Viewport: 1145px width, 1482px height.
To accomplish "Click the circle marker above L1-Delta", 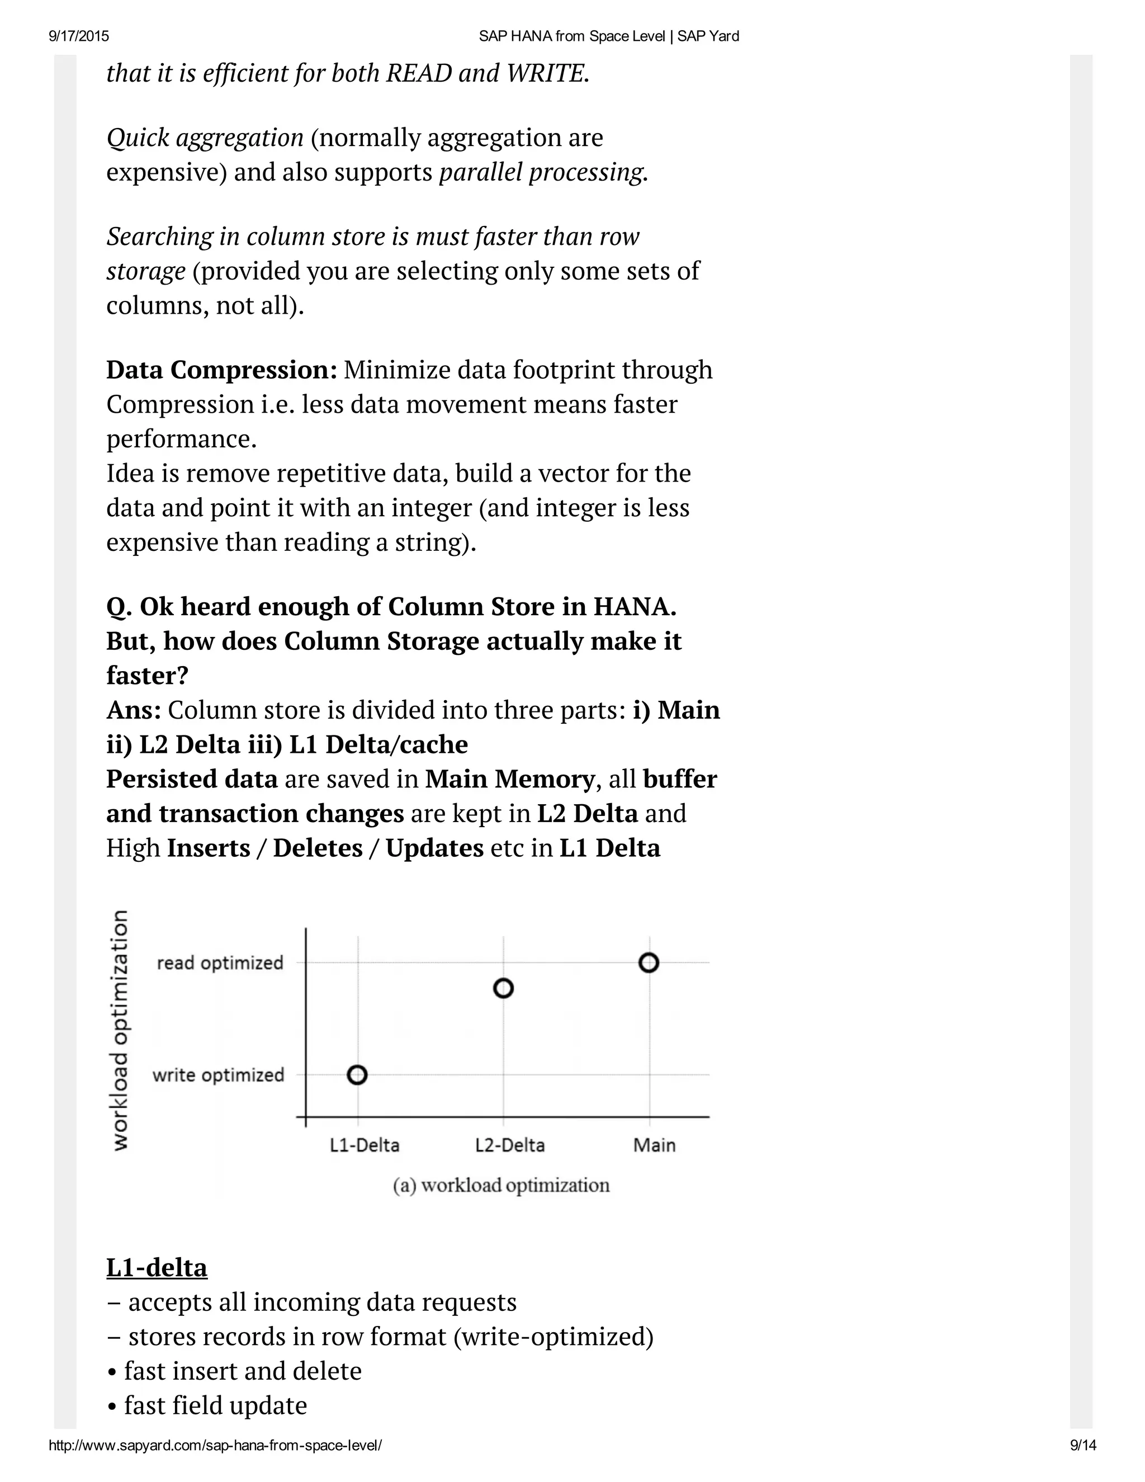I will point(357,1075).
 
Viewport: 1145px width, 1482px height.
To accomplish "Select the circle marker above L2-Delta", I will point(503,988).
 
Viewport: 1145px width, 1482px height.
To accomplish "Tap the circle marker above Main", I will point(649,962).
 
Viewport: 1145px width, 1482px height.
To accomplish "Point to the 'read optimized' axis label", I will point(220,963).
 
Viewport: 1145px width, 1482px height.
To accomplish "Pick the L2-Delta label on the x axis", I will point(510,1145).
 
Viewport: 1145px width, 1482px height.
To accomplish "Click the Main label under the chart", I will point(654,1145).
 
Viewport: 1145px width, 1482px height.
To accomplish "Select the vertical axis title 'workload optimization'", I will point(120,1030).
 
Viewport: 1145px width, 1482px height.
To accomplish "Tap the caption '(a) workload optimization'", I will point(501,1186).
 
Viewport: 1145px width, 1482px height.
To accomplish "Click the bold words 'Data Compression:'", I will point(222,370).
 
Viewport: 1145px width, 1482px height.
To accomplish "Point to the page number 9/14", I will point(1082,1445).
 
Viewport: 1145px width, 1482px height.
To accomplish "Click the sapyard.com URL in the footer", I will point(215,1445).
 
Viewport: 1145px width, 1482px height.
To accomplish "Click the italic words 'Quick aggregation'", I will point(205,138).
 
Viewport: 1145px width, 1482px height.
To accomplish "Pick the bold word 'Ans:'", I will point(134,710).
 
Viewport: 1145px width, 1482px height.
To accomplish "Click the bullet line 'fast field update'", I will point(215,1405).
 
